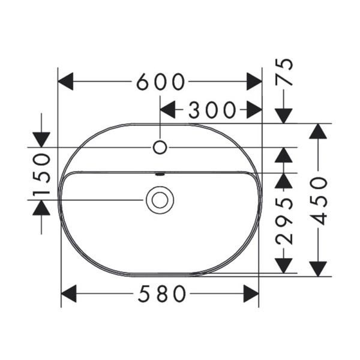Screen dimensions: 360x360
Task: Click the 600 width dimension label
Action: [x=161, y=82]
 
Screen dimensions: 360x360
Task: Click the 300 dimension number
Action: [x=212, y=110]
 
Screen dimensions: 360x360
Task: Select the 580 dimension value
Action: [x=162, y=293]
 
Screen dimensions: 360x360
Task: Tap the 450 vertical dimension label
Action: [x=318, y=200]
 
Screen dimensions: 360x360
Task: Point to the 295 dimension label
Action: [x=284, y=221]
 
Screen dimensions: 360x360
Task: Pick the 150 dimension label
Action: [x=41, y=174]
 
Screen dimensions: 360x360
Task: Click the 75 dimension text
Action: [x=284, y=71]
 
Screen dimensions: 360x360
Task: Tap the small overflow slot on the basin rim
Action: [x=160, y=174]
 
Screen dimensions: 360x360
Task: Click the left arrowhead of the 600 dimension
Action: [x=65, y=82]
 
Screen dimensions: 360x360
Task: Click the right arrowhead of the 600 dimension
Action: [x=254, y=82]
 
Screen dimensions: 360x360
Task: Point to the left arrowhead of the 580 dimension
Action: [x=68, y=293]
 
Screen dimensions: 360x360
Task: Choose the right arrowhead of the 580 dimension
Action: [x=251, y=293]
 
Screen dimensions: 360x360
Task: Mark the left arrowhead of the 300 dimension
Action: [x=167, y=110]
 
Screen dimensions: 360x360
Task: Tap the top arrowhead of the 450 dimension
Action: [x=318, y=131]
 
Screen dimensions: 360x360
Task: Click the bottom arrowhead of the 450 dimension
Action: [x=318, y=269]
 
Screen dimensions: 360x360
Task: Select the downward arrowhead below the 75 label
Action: [x=284, y=116]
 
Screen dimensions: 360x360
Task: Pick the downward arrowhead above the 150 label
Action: [x=41, y=140]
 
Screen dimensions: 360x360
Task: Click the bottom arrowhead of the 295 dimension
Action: [x=284, y=266]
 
